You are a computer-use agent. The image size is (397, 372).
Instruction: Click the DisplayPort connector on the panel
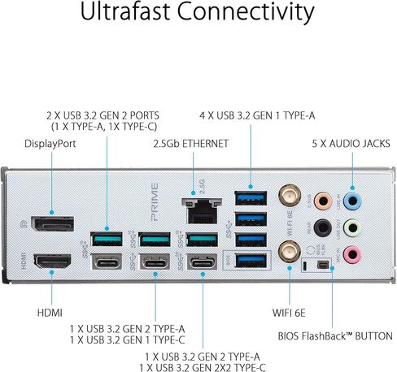pos(53,223)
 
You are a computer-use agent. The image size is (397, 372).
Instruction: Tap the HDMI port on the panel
pos(53,261)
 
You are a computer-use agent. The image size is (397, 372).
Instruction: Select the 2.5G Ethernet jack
pos(202,210)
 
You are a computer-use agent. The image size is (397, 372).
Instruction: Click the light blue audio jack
pos(352,201)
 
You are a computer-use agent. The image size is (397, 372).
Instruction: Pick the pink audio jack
pos(352,254)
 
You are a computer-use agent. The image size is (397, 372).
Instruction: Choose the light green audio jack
pos(352,228)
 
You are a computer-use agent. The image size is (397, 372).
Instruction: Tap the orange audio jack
pos(323,201)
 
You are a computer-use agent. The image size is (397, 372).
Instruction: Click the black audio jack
pos(323,227)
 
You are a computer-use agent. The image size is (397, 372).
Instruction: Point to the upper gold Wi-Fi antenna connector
pos(290,196)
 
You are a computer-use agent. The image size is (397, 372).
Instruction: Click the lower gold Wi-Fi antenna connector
pos(290,252)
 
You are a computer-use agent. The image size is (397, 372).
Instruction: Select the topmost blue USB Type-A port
pos(251,198)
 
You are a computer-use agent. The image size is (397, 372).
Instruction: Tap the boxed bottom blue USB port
pos(251,261)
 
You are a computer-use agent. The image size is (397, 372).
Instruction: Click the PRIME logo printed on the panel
pos(155,201)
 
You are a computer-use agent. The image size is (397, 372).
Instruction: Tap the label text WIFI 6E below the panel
pos(289,313)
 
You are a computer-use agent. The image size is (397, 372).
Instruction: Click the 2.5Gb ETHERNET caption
pos(191,144)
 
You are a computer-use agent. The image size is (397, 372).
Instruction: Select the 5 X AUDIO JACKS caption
pos(351,144)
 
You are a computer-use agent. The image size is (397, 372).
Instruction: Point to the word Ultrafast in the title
pos(125,11)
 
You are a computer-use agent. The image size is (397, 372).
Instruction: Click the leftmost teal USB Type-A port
pos(107,239)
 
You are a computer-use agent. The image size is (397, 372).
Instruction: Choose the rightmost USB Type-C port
pos(202,262)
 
